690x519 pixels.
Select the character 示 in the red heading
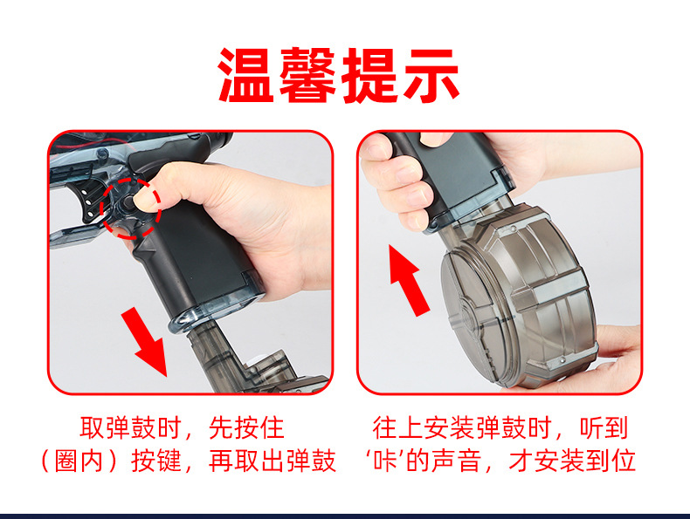point(431,75)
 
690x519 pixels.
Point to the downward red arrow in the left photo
point(144,342)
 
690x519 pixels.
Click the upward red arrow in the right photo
point(409,280)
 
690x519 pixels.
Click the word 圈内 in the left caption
point(79,461)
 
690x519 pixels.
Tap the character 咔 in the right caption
point(386,461)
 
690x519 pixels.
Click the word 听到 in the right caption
point(604,428)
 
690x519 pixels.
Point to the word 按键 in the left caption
point(156,461)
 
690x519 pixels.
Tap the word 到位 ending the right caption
point(611,461)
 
